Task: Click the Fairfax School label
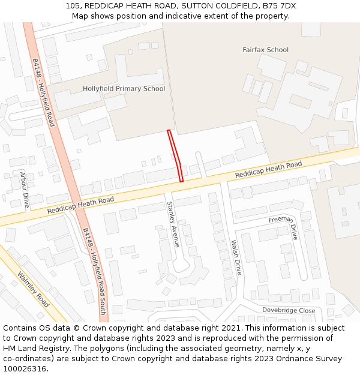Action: tap(265, 50)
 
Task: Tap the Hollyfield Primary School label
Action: tap(124, 89)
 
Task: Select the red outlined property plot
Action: tap(176, 155)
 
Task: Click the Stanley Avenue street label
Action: tap(173, 224)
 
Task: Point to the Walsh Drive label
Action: tap(236, 257)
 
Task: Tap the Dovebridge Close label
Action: tap(288, 310)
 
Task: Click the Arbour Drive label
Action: tap(25, 190)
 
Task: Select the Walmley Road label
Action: tap(34, 290)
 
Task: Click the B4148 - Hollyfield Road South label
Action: tap(95, 263)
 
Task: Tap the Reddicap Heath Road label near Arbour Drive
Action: tap(80, 206)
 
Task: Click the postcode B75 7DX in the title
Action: tap(280, 6)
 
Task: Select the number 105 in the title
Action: tap(73, 6)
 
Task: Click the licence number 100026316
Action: tap(25, 368)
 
